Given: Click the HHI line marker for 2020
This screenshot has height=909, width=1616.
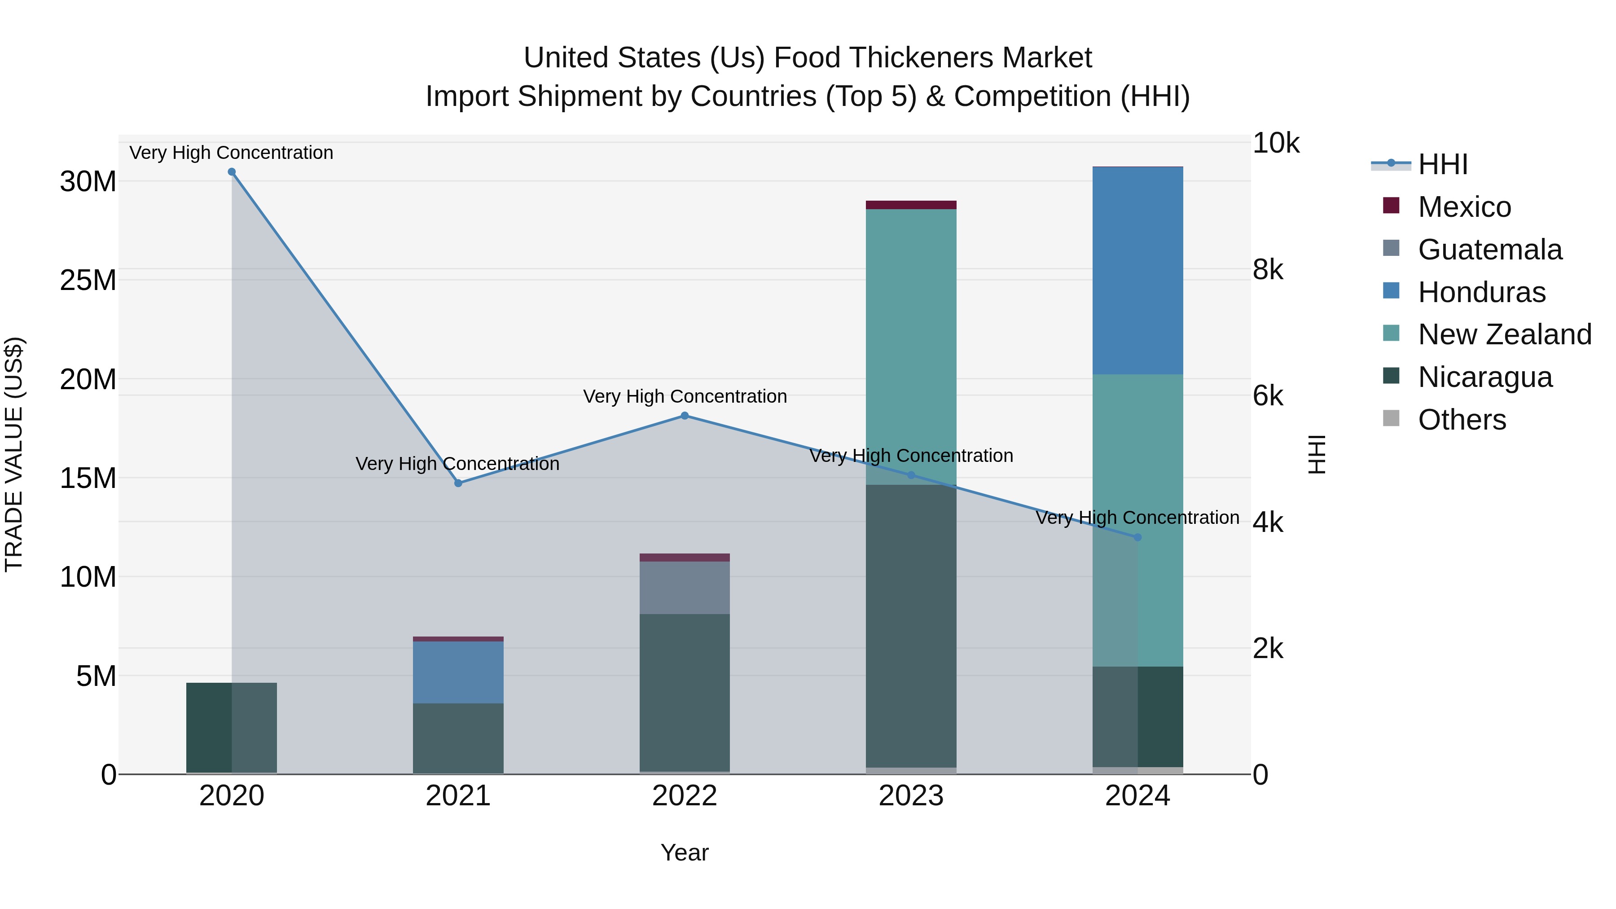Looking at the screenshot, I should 232,172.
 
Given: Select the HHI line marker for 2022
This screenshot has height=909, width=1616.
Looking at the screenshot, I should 685,416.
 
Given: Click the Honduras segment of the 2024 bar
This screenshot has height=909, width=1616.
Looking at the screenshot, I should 1137,270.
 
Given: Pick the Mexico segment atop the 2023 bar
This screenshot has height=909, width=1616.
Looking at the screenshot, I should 911,205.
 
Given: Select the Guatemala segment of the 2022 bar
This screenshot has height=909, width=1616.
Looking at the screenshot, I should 685,587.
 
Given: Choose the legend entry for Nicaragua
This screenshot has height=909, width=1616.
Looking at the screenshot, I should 1484,377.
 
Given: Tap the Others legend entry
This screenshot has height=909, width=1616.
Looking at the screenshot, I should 1461,420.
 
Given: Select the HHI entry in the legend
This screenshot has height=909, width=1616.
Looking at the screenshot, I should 1442,164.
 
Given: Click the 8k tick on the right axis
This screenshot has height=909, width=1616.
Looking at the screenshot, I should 1267,270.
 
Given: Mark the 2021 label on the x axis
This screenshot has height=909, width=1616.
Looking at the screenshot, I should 458,796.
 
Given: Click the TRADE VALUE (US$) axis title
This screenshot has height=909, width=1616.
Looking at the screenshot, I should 14,454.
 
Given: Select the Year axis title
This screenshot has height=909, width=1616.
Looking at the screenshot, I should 685,852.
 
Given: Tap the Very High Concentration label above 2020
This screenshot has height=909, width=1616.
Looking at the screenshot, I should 232,153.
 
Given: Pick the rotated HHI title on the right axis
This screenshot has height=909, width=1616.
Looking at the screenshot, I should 1316,454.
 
